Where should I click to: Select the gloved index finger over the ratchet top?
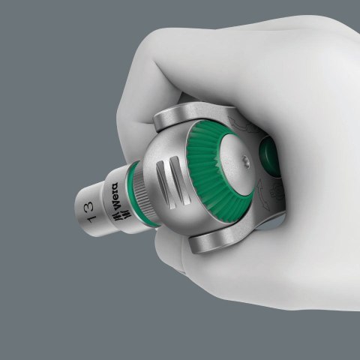pyautogui.click(x=225, y=75)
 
